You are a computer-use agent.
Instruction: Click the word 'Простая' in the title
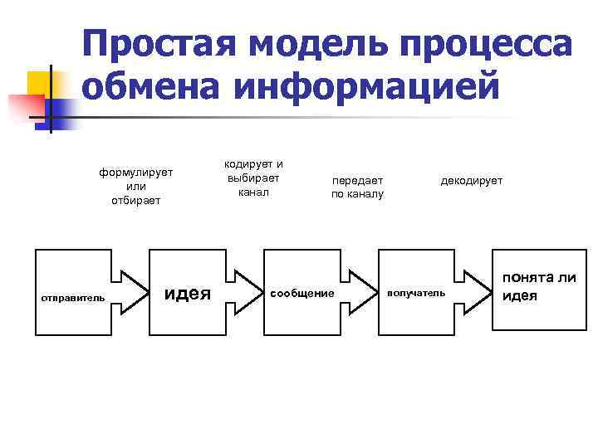tap(158, 41)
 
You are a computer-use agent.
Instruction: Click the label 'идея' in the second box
tap(189, 292)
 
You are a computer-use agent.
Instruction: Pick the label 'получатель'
tap(416, 293)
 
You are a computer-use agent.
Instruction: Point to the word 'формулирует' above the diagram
tap(135, 173)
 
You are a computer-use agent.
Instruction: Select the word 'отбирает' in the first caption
tap(135, 200)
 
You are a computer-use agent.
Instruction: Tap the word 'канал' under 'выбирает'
tap(253, 192)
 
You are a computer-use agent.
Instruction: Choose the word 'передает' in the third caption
tap(358, 180)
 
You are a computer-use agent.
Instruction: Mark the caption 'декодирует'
tap(471, 180)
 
